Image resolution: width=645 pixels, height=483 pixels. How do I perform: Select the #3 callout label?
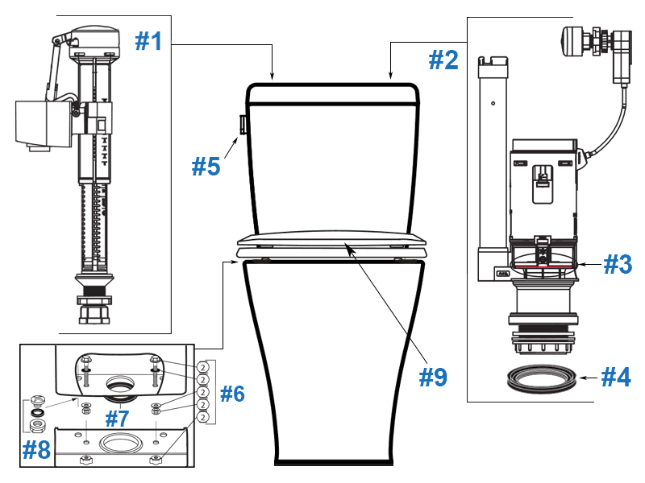[618, 265]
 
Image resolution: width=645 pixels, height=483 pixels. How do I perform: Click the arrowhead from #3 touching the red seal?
[581, 263]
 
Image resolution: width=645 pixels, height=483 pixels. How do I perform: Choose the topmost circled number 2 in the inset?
[203, 367]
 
